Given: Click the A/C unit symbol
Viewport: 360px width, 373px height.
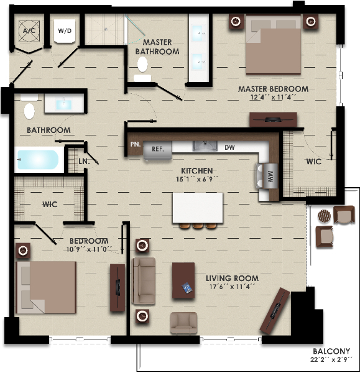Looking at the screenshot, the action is click(x=29, y=31).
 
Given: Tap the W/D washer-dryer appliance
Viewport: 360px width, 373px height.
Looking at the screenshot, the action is click(x=65, y=31).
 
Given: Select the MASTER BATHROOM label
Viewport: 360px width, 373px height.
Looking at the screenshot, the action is click(x=157, y=47).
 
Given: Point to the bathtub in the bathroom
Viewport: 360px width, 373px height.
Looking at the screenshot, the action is click(x=38, y=159).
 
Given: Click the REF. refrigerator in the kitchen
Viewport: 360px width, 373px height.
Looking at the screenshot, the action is click(x=157, y=150).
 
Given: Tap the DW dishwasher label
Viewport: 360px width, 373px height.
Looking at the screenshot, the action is click(x=229, y=147).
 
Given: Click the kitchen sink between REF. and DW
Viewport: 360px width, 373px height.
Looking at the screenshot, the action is click(x=205, y=146).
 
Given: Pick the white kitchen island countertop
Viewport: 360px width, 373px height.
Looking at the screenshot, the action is click(x=198, y=208).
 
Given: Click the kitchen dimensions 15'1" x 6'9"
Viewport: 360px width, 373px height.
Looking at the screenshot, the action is click(x=197, y=179).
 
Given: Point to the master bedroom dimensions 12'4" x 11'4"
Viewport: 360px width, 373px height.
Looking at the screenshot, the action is click(x=273, y=98).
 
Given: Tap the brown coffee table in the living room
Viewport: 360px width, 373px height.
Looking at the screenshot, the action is click(x=183, y=280).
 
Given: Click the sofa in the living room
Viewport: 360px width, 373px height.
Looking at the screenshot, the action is click(x=144, y=281).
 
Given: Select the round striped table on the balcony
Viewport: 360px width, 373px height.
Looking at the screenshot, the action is click(x=324, y=216).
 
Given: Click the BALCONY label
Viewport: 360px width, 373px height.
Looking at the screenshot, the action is click(x=331, y=351).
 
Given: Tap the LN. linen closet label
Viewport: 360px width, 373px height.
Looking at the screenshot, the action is click(x=84, y=162).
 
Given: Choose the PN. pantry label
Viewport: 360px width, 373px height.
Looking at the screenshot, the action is click(x=136, y=144).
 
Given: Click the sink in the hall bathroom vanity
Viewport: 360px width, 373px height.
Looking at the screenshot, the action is click(x=64, y=104).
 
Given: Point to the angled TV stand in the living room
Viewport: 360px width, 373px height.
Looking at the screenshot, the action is click(x=275, y=310).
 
